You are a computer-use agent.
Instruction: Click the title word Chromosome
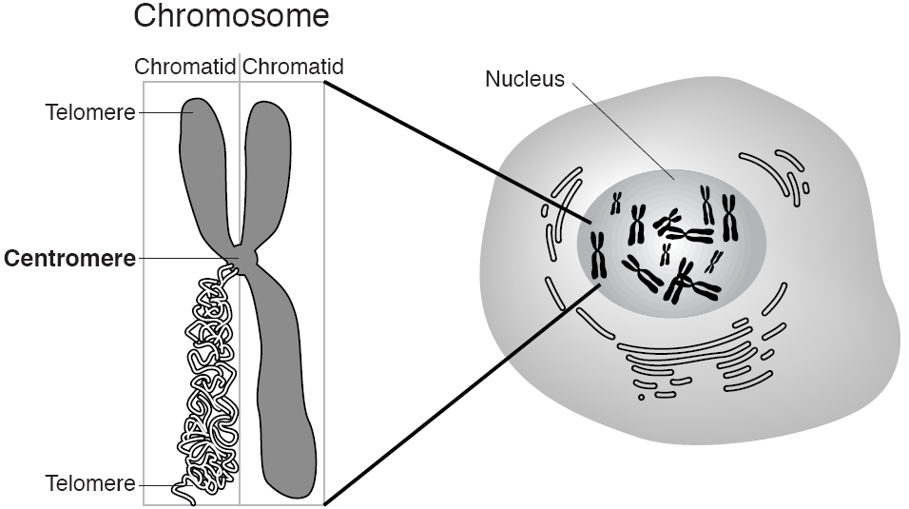(x=231, y=16)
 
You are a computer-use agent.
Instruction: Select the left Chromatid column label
(x=185, y=68)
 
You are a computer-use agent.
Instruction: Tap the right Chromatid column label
(x=293, y=68)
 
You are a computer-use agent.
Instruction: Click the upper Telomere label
(x=90, y=112)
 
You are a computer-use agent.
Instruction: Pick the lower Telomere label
(x=90, y=483)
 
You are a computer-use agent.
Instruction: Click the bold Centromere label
(x=70, y=258)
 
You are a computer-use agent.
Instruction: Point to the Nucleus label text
(x=524, y=79)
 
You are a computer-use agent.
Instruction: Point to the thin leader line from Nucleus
(x=623, y=128)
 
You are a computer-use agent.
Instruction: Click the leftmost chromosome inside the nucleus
(x=598, y=255)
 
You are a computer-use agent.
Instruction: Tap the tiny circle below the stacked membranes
(x=642, y=396)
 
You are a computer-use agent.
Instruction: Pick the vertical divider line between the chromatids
(x=240, y=381)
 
